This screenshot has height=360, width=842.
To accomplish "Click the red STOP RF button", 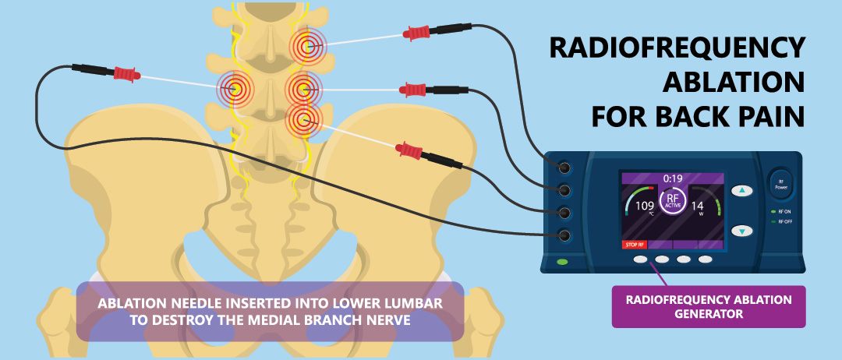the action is (x=635, y=245).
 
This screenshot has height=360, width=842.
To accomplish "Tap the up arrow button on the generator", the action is (x=742, y=190).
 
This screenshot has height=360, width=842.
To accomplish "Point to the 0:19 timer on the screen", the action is (x=673, y=178).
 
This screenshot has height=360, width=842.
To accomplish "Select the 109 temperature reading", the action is (x=645, y=206).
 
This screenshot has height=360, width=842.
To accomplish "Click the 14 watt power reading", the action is (x=697, y=206).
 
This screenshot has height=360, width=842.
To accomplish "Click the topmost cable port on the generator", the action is (x=564, y=168).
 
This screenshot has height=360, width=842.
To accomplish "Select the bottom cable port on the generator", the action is (x=564, y=235).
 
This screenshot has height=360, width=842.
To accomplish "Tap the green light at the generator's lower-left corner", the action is (x=562, y=263).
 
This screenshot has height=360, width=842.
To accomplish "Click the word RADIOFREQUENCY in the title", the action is (x=677, y=48).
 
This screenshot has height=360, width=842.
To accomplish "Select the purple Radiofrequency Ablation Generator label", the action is (x=709, y=306).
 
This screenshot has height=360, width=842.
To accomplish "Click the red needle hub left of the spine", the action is (x=127, y=73).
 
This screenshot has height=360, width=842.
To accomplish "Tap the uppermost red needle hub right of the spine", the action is (x=416, y=34).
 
